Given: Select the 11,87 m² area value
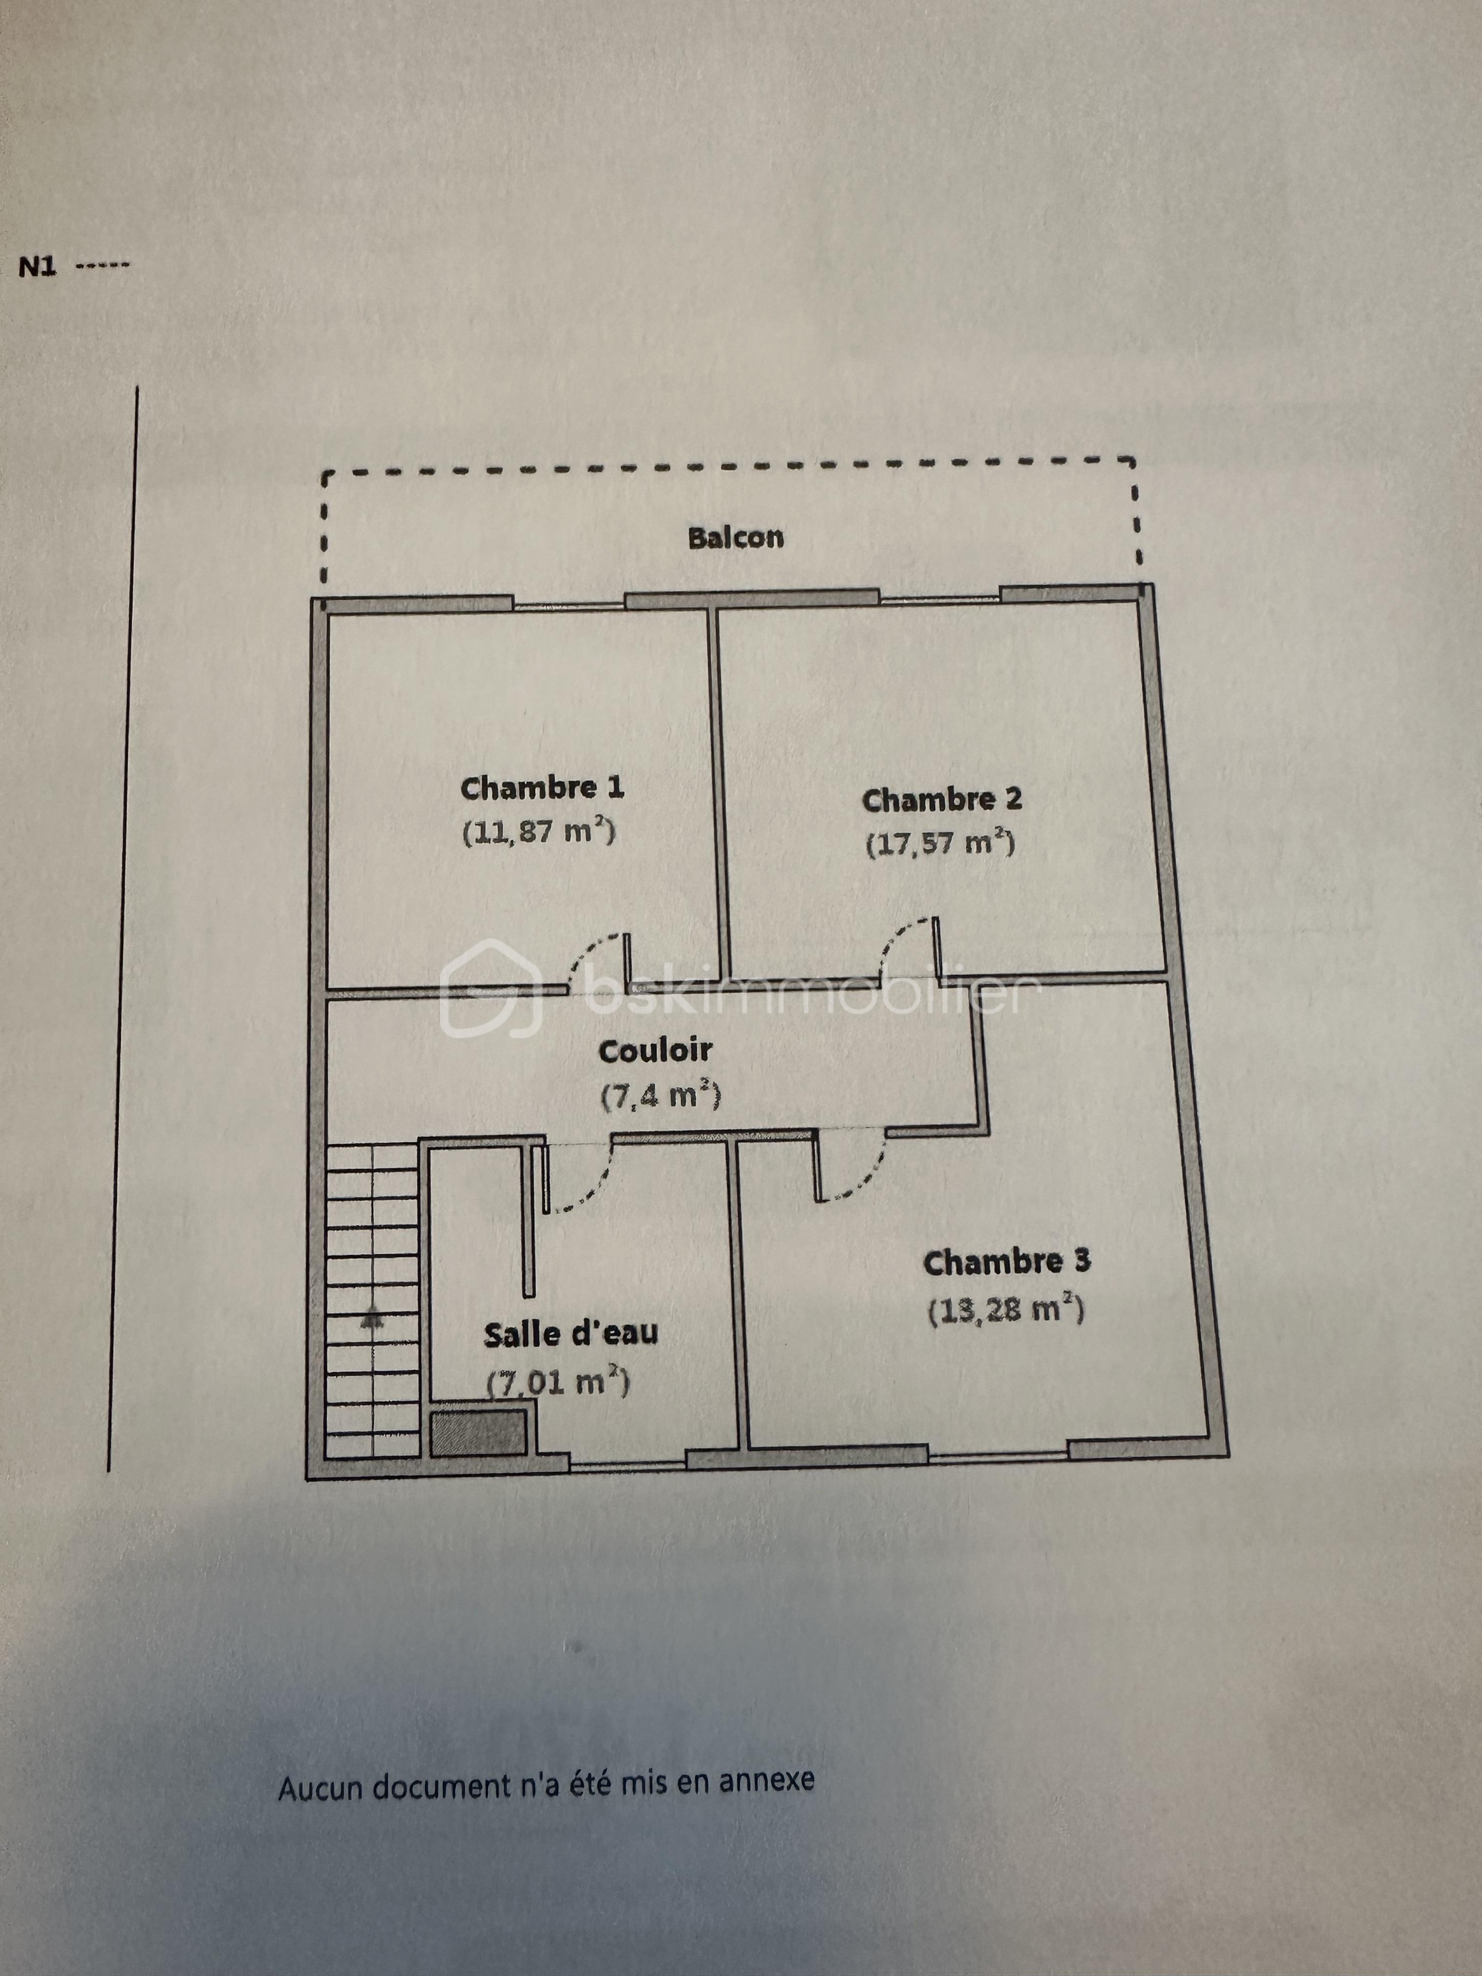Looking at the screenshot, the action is click(539, 832).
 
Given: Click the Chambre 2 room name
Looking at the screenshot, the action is click(941, 799).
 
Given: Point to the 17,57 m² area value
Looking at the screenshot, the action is click(940, 843).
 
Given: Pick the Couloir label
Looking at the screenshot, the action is click(655, 1051).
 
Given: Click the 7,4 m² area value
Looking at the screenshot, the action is click(660, 1095).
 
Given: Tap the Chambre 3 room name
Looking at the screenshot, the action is click(1007, 1262).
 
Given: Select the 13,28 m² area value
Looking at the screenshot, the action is click(1006, 1310).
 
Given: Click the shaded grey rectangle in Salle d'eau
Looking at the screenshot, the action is click(478, 1433).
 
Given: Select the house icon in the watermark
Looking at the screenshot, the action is click(492, 989).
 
